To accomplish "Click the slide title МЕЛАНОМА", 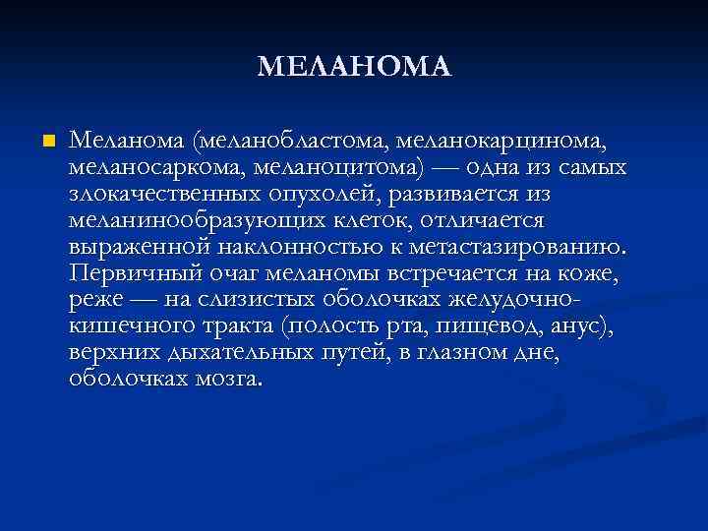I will click(354, 67).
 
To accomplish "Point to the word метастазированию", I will click(521, 244).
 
